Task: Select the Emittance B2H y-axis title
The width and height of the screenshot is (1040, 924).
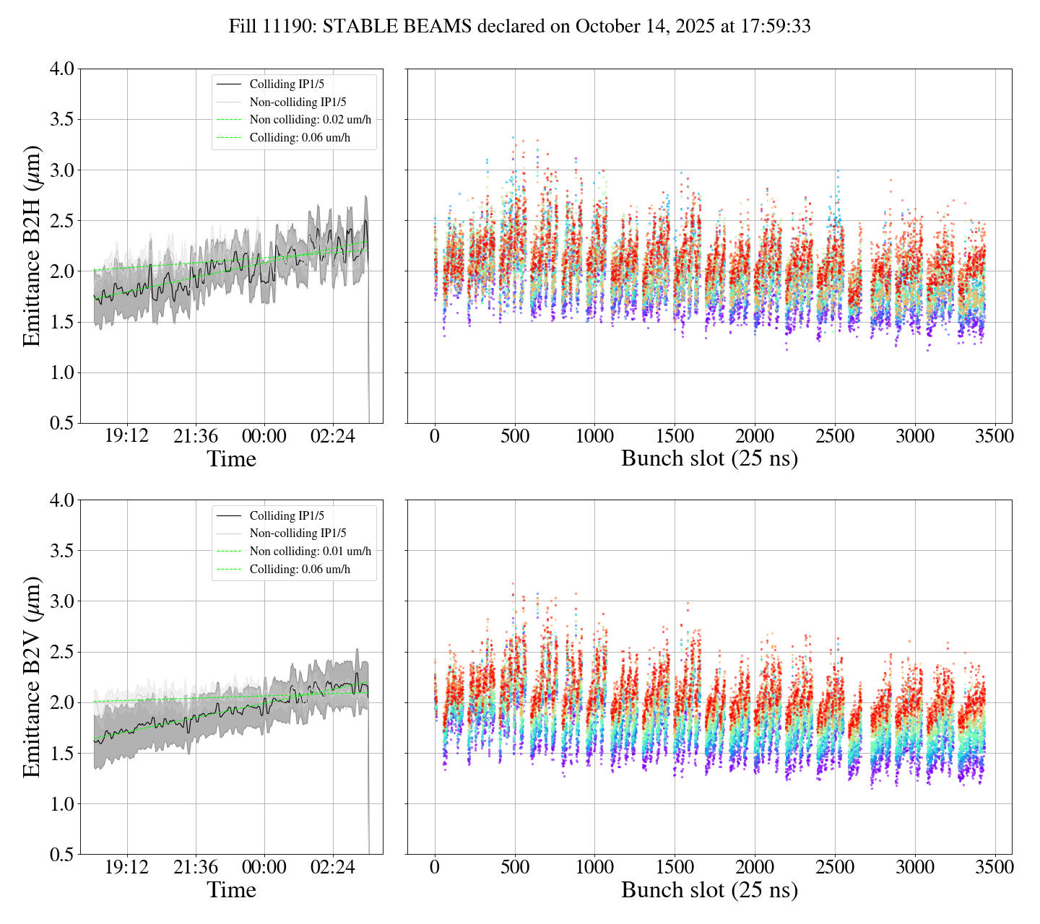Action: coord(32,246)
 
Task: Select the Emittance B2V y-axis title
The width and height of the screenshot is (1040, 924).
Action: coord(32,677)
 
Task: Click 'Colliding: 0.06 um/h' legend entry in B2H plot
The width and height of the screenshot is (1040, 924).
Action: coord(300,138)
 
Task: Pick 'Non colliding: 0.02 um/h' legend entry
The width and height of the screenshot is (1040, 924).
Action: coord(315,120)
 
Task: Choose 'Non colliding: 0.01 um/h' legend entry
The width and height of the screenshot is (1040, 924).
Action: coord(311,552)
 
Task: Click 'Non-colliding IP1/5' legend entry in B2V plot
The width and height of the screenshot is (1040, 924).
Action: coord(298,533)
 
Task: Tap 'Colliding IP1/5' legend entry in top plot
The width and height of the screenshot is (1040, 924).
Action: coord(287,84)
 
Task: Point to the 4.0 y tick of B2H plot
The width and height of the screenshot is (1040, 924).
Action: coord(61,69)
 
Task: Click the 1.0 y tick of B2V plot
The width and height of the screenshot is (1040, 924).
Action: coord(61,804)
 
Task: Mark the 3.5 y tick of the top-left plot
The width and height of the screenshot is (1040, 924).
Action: coord(61,120)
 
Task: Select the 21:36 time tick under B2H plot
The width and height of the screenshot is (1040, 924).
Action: coord(196,437)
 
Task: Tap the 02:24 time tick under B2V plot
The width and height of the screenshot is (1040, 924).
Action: coord(333,868)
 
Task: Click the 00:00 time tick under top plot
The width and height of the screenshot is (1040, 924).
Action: coord(264,437)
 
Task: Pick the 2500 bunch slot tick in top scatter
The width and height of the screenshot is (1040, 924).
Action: coord(835,437)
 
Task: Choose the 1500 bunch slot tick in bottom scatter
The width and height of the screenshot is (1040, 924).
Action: coord(675,868)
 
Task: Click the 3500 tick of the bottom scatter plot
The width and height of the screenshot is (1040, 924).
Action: coord(994,868)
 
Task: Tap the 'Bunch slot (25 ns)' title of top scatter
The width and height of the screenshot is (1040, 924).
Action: coord(709,459)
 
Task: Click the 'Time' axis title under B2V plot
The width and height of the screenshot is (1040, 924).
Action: coord(231,890)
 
